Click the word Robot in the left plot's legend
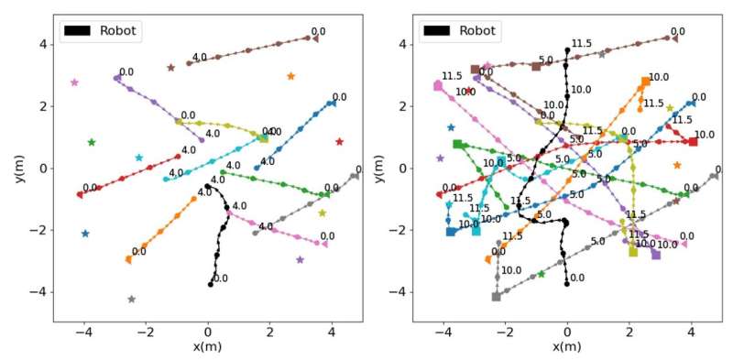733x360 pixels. (x=117, y=30)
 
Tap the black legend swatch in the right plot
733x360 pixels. (x=437, y=30)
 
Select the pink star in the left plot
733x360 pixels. (x=74, y=82)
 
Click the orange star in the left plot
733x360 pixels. (x=291, y=76)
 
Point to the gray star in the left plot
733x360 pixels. (x=132, y=300)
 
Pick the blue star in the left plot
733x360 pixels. (x=85, y=234)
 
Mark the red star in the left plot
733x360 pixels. (x=339, y=142)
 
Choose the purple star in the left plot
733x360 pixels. (x=300, y=259)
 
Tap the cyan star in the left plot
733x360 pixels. (x=139, y=158)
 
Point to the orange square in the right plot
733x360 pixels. (x=646, y=82)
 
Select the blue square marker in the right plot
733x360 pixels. (x=451, y=232)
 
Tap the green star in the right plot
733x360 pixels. (x=542, y=274)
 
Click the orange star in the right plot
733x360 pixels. (x=677, y=166)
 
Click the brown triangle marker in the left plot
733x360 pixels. (x=315, y=38)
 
